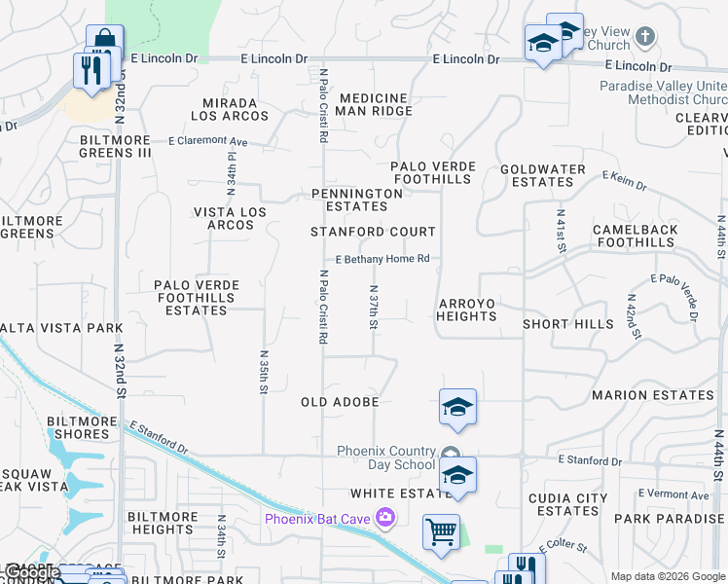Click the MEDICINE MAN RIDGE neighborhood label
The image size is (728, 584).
(x=374, y=104)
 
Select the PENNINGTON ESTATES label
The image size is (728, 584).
(x=356, y=200)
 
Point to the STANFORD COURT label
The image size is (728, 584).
(x=373, y=232)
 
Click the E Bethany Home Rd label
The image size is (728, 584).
(x=382, y=259)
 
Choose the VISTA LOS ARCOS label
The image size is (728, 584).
(x=223, y=218)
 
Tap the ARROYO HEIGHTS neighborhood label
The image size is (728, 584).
(x=466, y=310)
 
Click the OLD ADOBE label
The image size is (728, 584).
(x=340, y=401)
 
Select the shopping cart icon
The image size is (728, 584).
(x=441, y=531)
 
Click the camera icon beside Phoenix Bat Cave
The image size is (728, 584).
(x=387, y=517)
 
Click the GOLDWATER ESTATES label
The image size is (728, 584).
(x=543, y=175)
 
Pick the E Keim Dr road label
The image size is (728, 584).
(x=625, y=181)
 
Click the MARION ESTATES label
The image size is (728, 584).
(x=653, y=395)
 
